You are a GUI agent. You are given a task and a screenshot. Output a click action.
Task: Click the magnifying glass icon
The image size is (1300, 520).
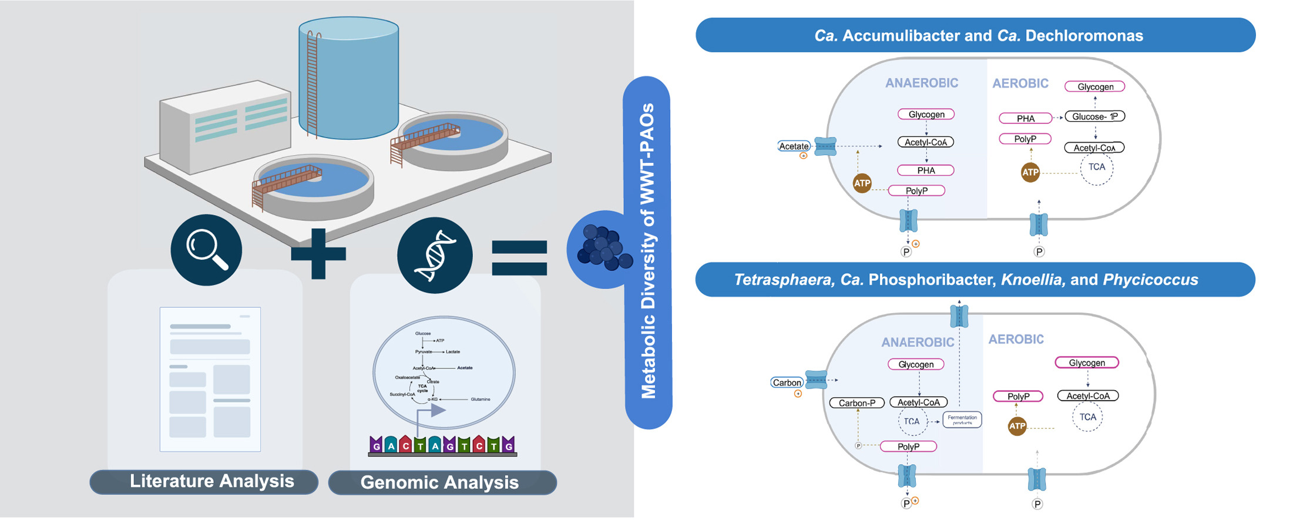[206, 250]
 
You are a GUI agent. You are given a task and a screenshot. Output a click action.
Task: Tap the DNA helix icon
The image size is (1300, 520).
[435, 255]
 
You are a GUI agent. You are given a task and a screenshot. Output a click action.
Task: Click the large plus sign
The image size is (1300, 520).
[318, 254]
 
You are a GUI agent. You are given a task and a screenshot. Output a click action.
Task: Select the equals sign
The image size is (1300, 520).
[519, 257]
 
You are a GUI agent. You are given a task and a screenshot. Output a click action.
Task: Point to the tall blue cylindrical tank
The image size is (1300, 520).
[349, 79]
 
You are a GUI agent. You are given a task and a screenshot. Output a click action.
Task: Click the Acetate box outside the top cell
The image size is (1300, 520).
[794, 146]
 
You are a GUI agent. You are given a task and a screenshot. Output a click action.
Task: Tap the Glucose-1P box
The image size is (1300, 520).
[1094, 116]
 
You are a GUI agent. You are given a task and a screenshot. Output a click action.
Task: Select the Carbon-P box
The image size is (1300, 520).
[856, 403]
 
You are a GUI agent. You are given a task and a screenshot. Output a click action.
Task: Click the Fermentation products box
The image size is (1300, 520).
[962, 420]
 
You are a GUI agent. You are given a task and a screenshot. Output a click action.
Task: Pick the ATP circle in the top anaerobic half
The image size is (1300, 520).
[862, 183]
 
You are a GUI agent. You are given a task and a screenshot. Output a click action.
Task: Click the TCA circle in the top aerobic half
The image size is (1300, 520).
[1096, 168]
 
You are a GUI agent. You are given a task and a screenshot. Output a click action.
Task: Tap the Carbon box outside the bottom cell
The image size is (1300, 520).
[787, 383]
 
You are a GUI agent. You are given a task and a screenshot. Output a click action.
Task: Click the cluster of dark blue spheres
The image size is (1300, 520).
[603, 248]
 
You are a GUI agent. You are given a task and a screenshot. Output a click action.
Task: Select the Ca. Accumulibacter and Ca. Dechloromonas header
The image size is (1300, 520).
[975, 35]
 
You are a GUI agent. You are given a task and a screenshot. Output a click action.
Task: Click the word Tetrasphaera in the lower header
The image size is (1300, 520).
[783, 280]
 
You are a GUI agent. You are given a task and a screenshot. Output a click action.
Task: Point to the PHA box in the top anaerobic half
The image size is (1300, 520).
[926, 170]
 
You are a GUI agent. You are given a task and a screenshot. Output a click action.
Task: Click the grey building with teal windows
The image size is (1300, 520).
[225, 126]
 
